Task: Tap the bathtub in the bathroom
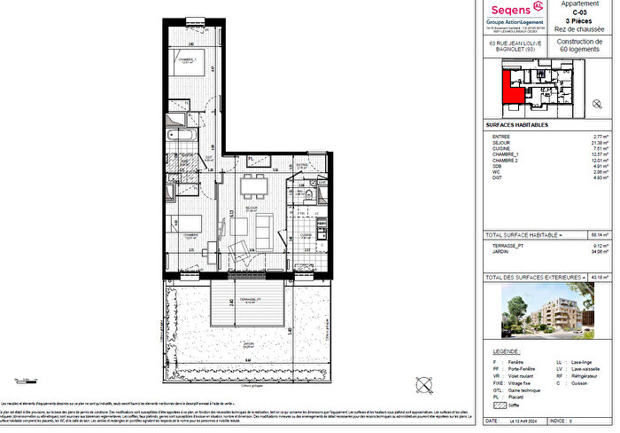pyautogui.click(x=183, y=136)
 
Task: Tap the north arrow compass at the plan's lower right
pyautogui.click(x=424, y=385)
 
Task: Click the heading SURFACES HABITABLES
pyautogui.click(x=517, y=125)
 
